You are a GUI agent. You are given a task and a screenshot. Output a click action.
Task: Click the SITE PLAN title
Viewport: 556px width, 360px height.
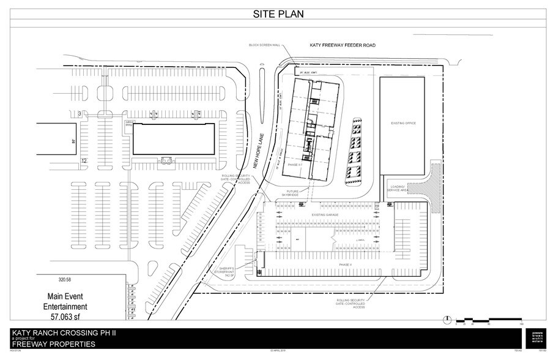pos(278,13)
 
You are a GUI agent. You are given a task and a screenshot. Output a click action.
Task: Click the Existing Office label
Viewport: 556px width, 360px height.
pos(403,123)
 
